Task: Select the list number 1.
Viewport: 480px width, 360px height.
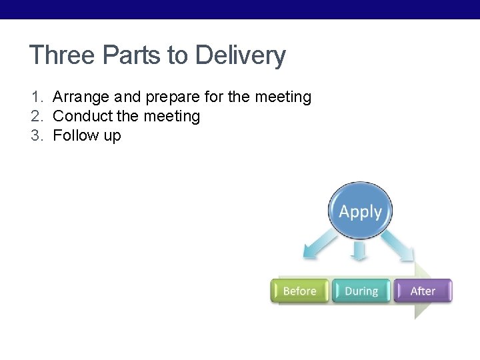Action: pyautogui.click(x=36, y=97)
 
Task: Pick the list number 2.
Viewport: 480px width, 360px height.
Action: pyautogui.click(x=36, y=117)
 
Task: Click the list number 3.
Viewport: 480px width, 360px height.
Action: pyautogui.click(x=36, y=136)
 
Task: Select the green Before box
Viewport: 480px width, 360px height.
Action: pyautogui.click(x=299, y=291)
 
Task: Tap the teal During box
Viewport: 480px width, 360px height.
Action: pyautogui.click(x=361, y=291)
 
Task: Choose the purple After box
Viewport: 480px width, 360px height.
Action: pyautogui.click(x=423, y=291)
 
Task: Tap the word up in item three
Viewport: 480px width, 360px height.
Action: pyautogui.click(x=112, y=137)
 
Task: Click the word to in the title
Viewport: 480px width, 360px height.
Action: pyautogui.click(x=178, y=55)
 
